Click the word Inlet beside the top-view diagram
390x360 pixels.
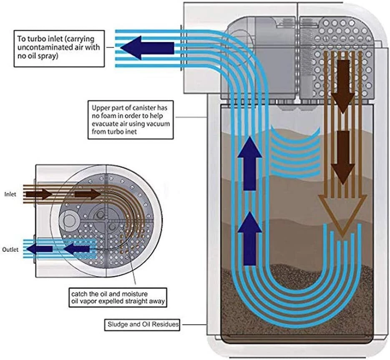coord(10,195)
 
